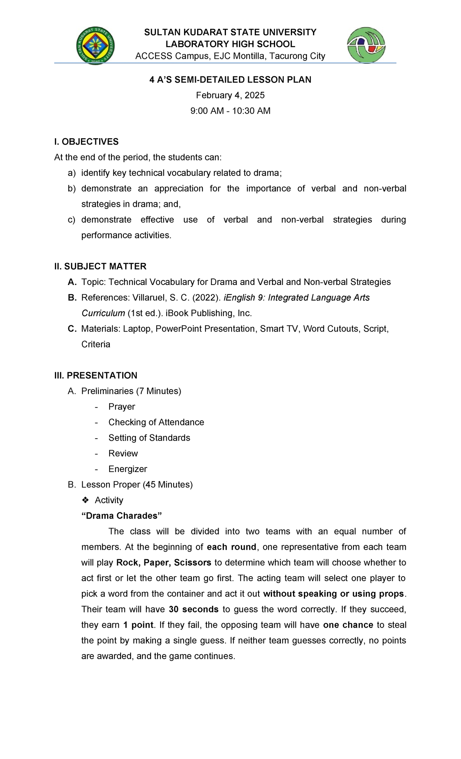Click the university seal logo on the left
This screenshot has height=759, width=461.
(96, 46)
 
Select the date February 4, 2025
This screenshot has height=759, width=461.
(230, 95)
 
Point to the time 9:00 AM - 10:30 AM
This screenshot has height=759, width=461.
(230, 111)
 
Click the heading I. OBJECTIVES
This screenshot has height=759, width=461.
(86, 142)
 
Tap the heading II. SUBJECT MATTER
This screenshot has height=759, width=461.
(100, 267)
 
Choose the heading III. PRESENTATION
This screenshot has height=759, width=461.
(96, 376)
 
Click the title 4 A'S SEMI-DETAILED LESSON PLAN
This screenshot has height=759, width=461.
(230, 80)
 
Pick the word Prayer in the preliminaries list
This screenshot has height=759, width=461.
(122, 407)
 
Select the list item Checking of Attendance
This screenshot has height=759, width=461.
(156, 423)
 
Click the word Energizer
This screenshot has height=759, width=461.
(128, 469)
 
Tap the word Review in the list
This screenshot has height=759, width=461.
(123, 454)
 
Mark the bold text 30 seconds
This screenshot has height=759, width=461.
(194, 610)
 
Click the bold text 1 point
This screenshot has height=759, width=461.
(138, 625)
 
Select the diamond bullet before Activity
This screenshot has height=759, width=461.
(85, 500)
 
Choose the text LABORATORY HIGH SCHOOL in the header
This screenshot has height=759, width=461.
(230, 44)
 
